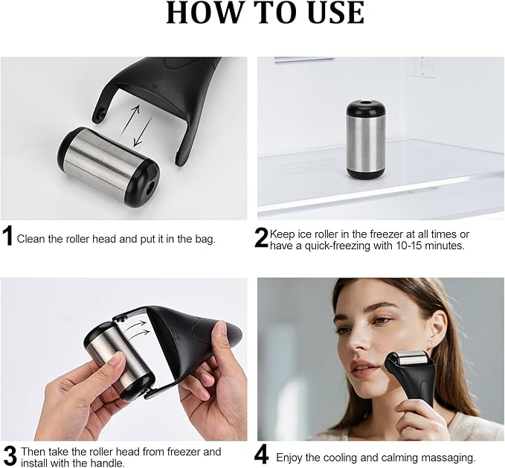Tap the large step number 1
click(x=7, y=237)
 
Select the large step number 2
click(x=261, y=237)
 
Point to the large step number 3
click(x=9, y=455)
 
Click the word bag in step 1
click(x=203, y=240)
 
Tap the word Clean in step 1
click(x=31, y=240)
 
